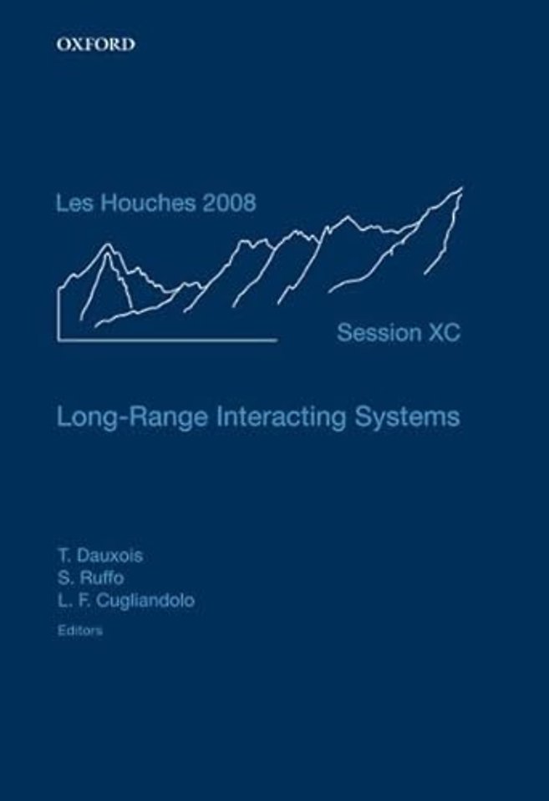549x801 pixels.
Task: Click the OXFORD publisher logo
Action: [x=96, y=45]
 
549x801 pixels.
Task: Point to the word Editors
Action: [x=80, y=631]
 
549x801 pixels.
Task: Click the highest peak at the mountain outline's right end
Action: [x=460, y=189]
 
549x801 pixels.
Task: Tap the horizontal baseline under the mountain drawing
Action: [x=167, y=340]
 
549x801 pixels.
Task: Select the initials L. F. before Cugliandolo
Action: [x=73, y=600]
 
